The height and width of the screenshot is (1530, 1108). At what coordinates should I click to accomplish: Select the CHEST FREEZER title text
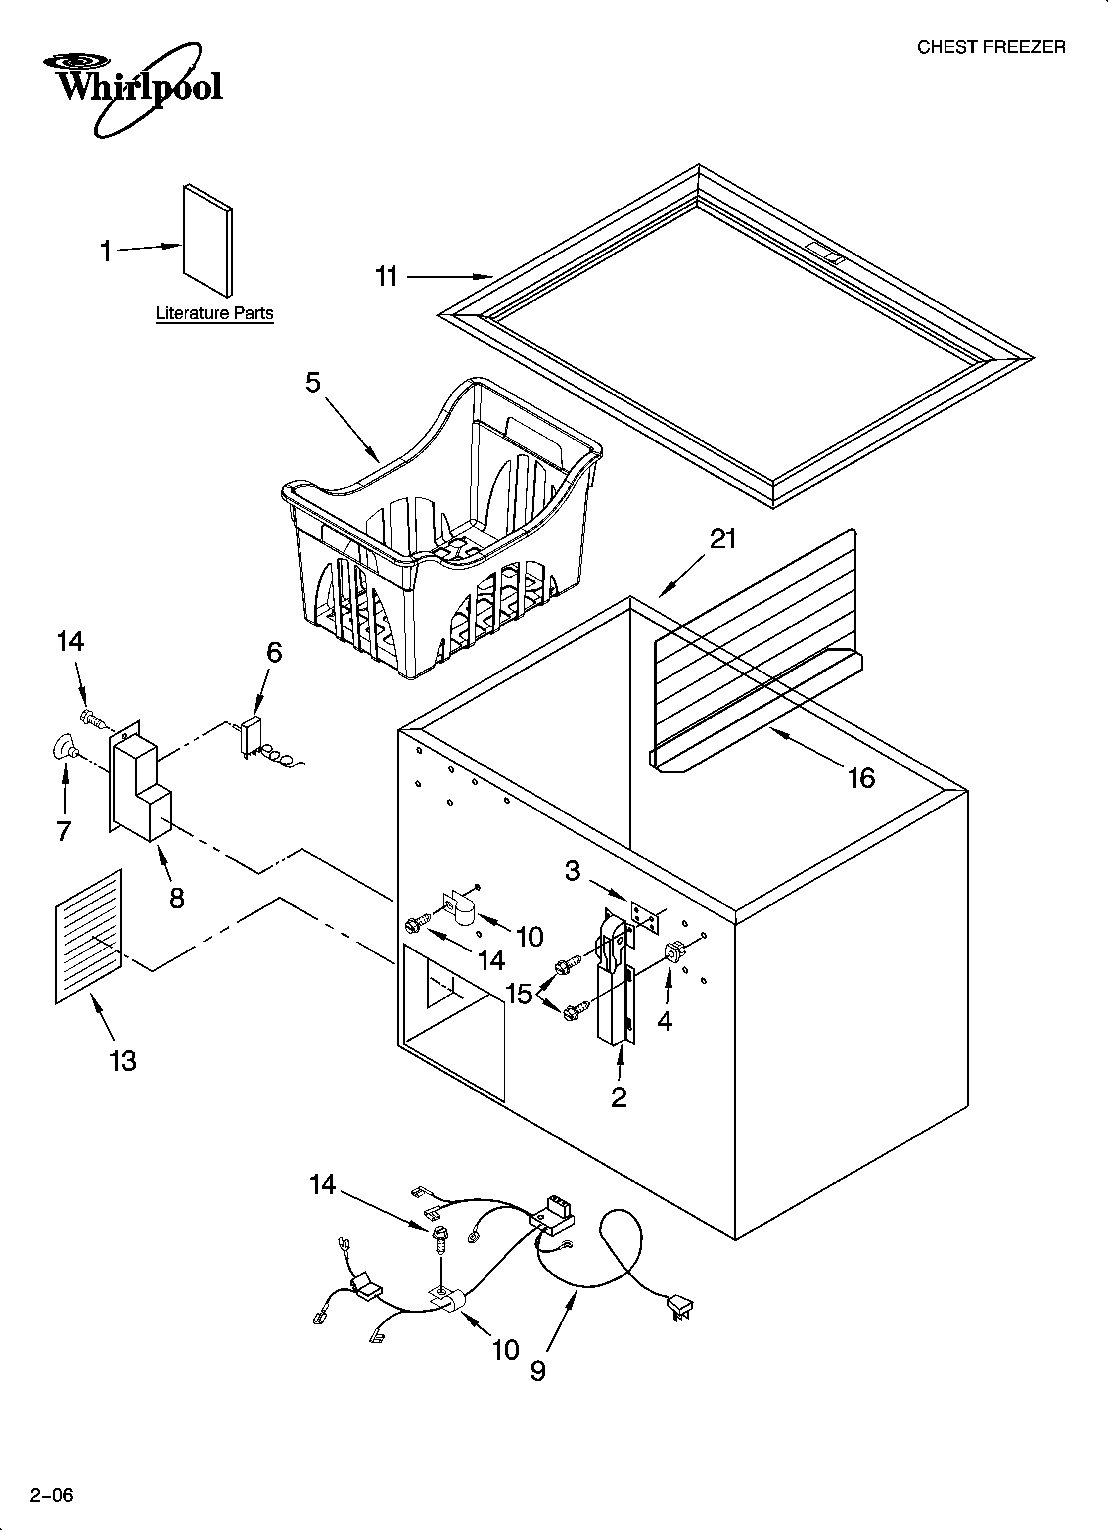[991, 47]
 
